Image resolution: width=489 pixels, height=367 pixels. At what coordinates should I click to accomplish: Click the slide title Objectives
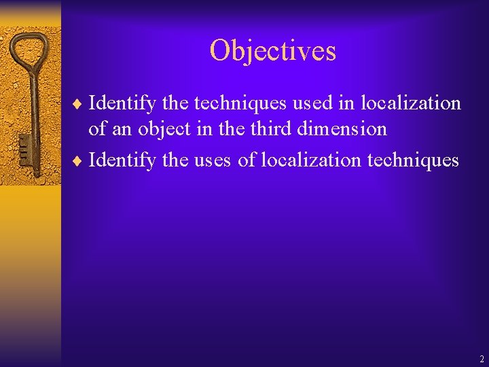coord(272,51)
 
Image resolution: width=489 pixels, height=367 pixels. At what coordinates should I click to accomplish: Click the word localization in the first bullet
coord(411,103)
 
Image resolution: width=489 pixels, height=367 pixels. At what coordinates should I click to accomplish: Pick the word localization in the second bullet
coord(312,160)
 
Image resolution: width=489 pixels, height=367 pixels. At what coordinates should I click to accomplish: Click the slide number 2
coord(482,359)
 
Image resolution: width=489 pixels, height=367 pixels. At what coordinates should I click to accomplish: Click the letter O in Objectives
coord(220,51)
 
